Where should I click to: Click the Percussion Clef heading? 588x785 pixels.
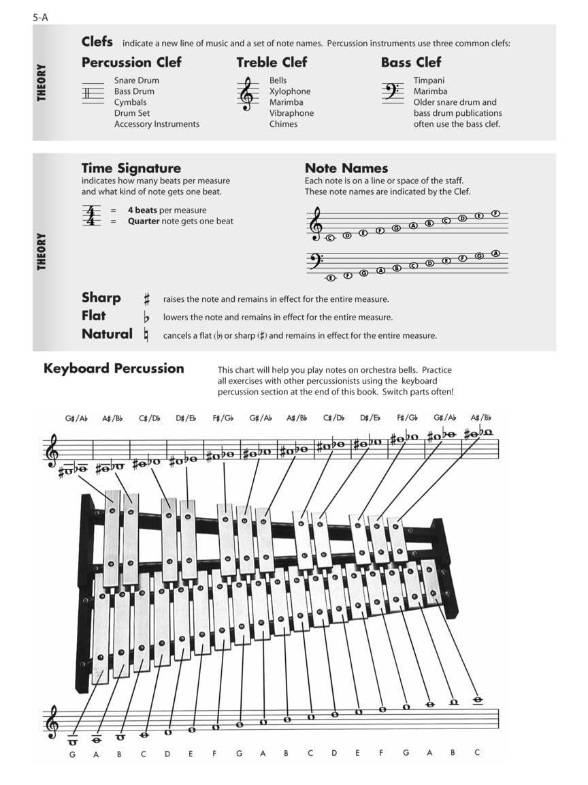tap(131, 62)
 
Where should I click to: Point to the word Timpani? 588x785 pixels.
tap(429, 80)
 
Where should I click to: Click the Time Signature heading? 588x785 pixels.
tap(131, 168)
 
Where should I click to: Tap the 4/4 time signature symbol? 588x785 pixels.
tap(90, 215)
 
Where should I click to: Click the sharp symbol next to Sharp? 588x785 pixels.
tap(146, 299)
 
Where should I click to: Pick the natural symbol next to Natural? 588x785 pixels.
tap(146, 335)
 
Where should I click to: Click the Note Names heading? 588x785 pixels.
tap(346, 168)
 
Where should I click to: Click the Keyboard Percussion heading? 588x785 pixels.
tap(114, 369)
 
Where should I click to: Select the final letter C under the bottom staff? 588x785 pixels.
tap(477, 753)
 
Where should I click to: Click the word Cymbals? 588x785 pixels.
tap(130, 102)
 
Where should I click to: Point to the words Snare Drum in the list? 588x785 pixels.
tap(136, 80)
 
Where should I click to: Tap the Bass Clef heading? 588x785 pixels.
tap(411, 62)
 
